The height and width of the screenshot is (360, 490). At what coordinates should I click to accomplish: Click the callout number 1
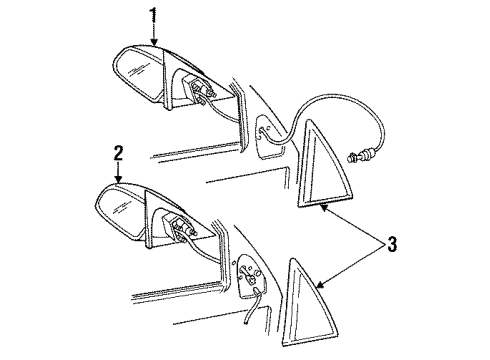153,14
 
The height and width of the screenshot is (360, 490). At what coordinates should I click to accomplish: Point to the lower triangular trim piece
304,290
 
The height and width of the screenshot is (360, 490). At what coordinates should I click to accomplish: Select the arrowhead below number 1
153,42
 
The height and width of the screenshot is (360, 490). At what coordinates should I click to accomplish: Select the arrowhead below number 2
117,181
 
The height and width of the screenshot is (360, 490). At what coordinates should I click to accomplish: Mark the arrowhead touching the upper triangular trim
325,206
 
